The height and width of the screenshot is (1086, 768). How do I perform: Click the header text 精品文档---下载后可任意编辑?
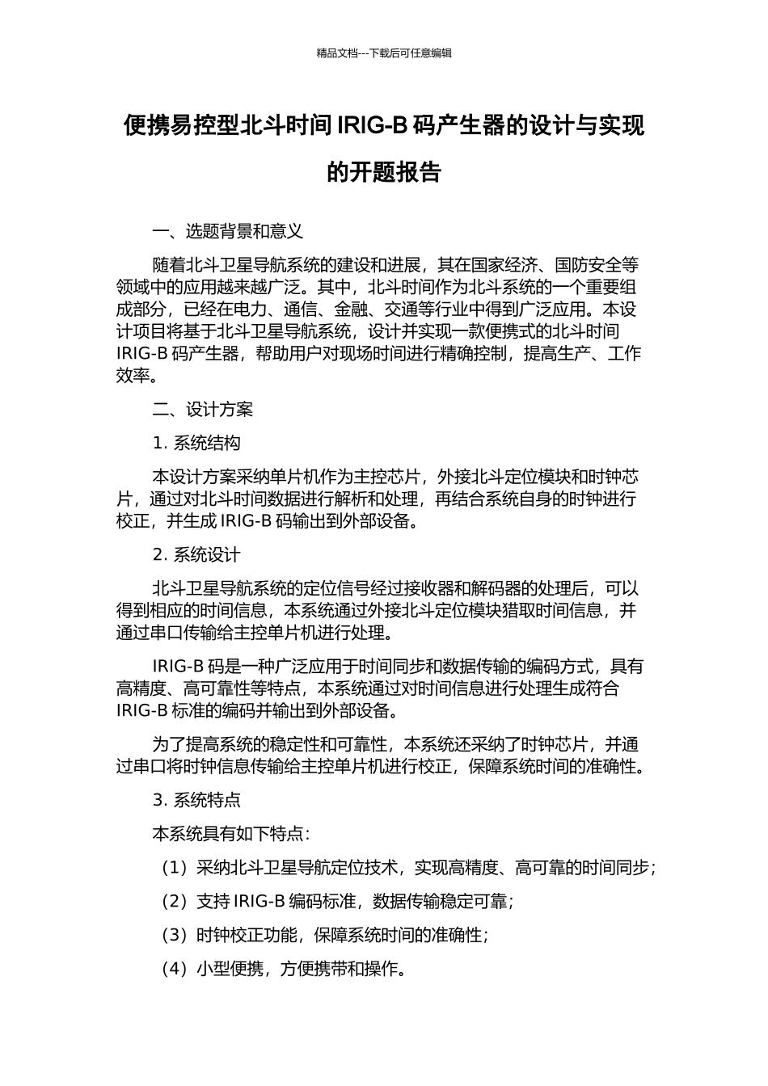pyautogui.click(x=384, y=53)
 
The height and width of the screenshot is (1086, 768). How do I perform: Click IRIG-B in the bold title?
pyautogui.click(x=372, y=126)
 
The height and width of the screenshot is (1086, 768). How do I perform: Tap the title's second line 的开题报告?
pyautogui.click(x=384, y=172)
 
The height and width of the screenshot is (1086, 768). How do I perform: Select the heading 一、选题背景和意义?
pyautogui.click(x=228, y=232)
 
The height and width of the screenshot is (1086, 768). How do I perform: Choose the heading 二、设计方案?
pyautogui.click(x=203, y=410)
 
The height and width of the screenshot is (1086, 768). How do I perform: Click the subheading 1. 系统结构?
pyautogui.click(x=196, y=443)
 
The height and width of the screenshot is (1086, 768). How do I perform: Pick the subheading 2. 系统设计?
pyautogui.click(x=196, y=555)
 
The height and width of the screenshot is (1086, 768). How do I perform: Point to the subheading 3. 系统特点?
pyautogui.click(x=196, y=801)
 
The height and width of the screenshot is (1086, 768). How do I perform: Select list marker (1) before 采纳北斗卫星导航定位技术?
pyautogui.click(x=174, y=868)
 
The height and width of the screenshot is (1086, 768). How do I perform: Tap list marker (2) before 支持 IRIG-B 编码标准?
pyautogui.click(x=174, y=901)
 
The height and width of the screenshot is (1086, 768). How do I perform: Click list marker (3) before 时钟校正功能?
pyautogui.click(x=174, y=935)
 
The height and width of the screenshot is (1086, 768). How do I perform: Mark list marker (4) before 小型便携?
pyautogui.click(x=174, y=969)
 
